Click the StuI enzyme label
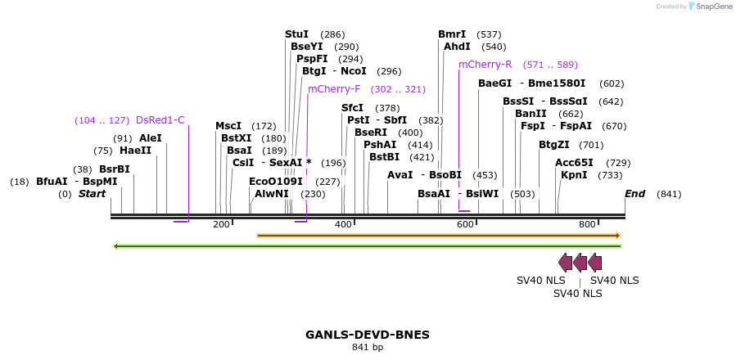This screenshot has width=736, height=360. pos(296,34)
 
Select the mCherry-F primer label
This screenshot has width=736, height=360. pos(334,89)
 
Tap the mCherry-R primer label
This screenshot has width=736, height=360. pos(485,65)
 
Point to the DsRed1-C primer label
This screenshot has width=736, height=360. pos(160,120)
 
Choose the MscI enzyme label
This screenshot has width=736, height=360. pos(228,126)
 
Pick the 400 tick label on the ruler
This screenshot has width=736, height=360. pos(344,224)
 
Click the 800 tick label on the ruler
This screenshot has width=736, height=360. pos(587,224)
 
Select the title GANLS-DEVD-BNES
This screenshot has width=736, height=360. pos(368,335)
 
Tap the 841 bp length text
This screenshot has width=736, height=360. pos(368,348)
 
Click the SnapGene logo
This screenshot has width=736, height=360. pos(711,7)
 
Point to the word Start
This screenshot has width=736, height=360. pos(93,194)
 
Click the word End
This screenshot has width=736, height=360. pos(634,194)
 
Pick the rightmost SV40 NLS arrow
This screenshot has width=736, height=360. pos(595,263)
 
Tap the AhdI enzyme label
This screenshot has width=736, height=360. pos(457,47)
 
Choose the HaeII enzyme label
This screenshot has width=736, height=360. pos(135,151)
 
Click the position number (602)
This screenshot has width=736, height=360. pos(612,83)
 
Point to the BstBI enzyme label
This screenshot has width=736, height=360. pos(384,157)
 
